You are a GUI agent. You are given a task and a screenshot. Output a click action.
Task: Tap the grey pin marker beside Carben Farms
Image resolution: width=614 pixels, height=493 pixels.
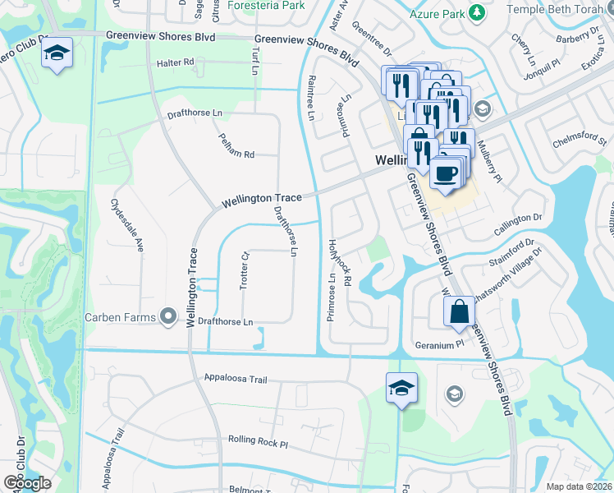[168, 316]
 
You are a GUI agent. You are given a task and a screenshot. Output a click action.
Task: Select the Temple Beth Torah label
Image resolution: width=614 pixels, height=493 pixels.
[561, 9]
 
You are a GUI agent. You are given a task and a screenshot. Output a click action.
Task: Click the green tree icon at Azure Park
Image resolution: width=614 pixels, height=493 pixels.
[475, 13]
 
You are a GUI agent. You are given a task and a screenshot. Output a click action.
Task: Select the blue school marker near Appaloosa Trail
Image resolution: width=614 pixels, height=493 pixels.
[401, 387]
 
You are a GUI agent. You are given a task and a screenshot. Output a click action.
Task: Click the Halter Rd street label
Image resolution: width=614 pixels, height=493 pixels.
[176, 62]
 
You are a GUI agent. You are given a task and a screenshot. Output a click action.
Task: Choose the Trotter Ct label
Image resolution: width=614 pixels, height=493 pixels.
[244, 270]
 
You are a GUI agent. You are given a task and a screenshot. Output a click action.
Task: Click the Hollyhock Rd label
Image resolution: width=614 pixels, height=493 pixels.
[338, 263]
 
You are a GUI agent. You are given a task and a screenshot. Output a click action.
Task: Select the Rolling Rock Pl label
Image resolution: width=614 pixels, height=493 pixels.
[259, 441]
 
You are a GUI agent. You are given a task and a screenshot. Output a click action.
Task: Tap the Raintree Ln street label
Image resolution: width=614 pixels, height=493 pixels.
[311, 98]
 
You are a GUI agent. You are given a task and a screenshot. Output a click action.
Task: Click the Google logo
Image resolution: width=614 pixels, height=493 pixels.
[27, 483]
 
